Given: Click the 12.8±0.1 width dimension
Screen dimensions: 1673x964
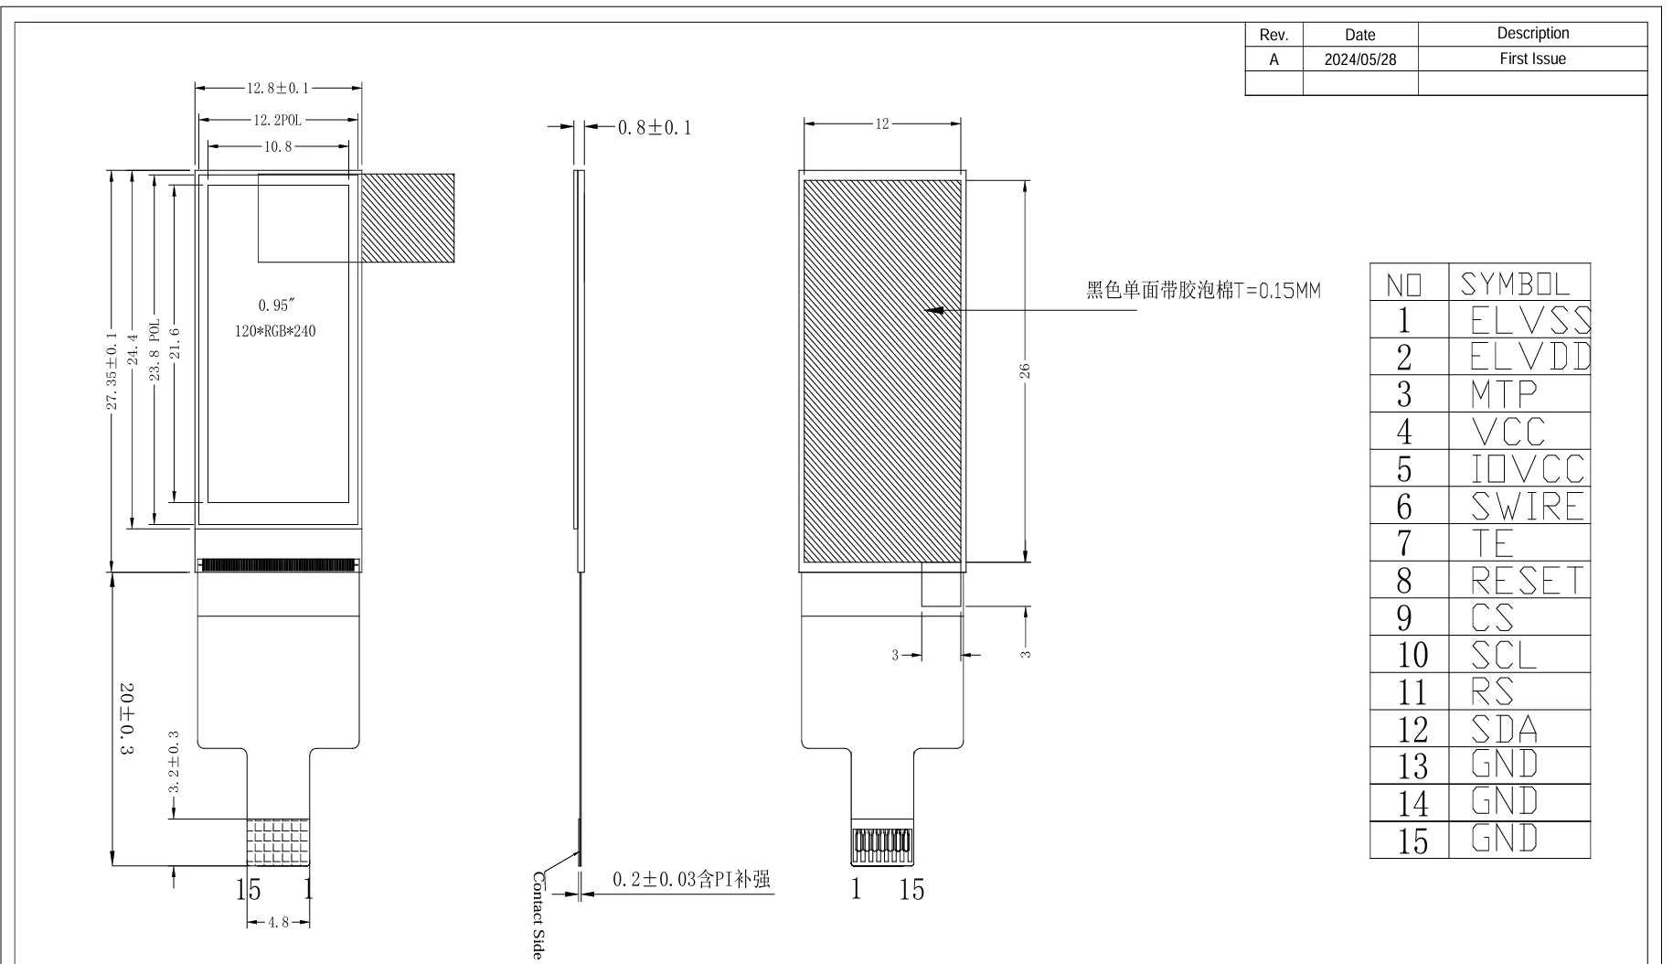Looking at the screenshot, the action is [278, 89].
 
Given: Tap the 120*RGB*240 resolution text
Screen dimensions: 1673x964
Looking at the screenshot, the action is [275, 331].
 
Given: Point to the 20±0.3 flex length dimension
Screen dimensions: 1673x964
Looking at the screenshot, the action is [126, 718].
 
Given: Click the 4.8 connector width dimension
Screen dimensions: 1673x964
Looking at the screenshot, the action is [278, 923].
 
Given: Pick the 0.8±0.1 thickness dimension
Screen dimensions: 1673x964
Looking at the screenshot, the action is [655, 128].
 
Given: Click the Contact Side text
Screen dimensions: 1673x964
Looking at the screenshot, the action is [538, 916].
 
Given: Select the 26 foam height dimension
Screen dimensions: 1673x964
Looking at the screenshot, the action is [1025, 370].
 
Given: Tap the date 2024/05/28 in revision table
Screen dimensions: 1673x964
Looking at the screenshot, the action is [1360, 59].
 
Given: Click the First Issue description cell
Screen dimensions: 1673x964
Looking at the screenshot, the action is [1532, 59].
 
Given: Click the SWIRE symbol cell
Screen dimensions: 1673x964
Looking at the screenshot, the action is [1527, 506].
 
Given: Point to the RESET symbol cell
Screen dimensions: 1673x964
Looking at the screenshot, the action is [1527, 581].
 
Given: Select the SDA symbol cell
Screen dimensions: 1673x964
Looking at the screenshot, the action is [1505, 729].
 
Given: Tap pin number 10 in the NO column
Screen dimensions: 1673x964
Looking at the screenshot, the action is [1412, 655].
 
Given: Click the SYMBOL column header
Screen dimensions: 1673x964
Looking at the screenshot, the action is [1516, 284].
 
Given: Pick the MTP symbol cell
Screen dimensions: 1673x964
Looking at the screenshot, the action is [1504, 394].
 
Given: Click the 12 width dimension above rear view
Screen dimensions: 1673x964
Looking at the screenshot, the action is [882, 124].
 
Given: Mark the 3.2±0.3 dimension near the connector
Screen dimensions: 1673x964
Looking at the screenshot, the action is [175, 762].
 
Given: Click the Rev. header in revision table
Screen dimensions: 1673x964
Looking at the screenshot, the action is [1273, 36].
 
